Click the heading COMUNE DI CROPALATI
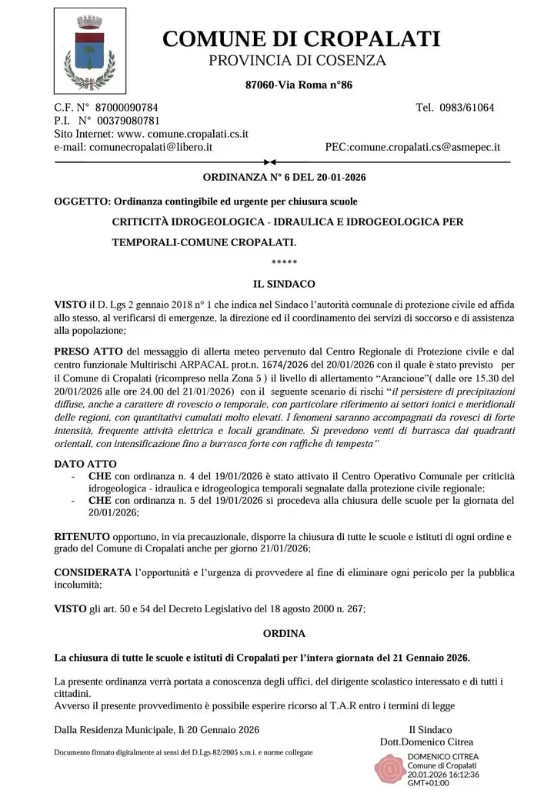click(302, 38)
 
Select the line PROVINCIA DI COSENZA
click(297, 61)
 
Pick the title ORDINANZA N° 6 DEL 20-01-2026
click(284, 178)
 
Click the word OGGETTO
click(81, 202)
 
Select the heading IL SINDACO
click(284, 284)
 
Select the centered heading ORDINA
click(284, 634)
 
